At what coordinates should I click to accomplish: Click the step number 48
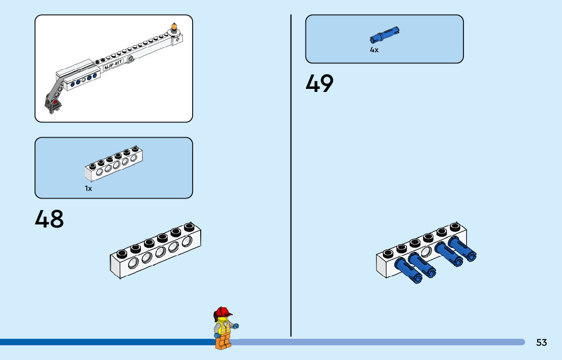[x=49, y=219]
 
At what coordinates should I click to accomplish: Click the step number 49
[x=319, y=84]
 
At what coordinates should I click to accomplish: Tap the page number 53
[x=542, y=343]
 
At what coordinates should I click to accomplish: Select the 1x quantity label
[x=88, y=188]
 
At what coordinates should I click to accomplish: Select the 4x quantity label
[x=374, y=50]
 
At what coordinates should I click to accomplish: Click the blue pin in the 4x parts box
[x=385, y=35]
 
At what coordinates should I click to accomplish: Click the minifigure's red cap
[x=223, y=312]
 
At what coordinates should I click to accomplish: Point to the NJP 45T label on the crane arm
[x=113, y=66]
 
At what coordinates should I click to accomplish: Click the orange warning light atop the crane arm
[x=175, y=27]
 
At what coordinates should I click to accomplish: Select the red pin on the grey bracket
[x=54, y=102]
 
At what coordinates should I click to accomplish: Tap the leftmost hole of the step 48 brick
[x=133, y=263]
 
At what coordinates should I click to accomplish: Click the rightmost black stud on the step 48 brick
[x=189, y=226]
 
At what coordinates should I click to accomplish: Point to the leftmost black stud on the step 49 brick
[x=389, y=253]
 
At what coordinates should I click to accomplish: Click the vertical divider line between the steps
[x=291, y=175]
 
